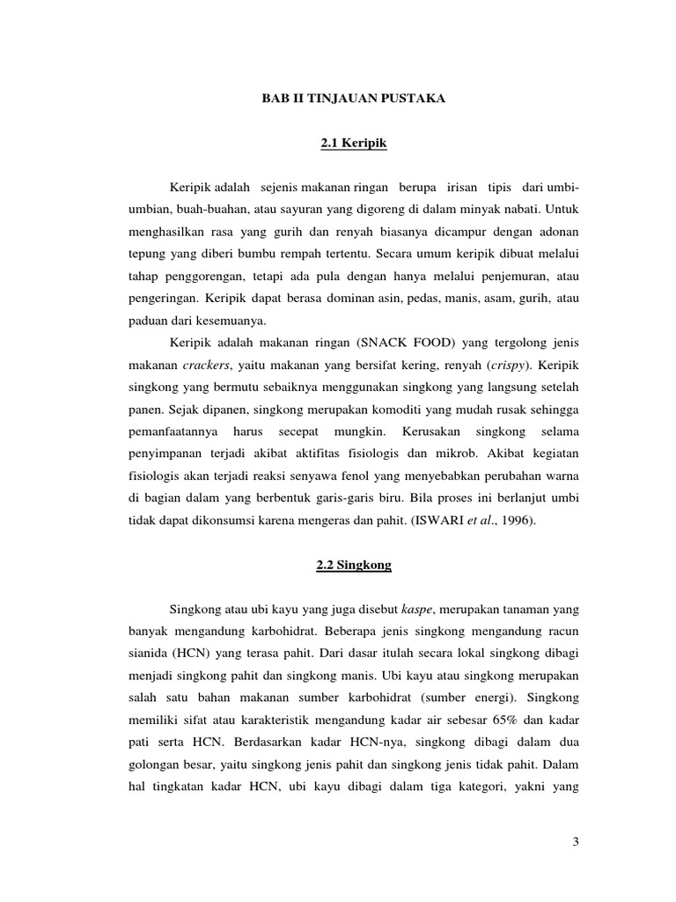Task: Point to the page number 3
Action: (575, 843)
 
